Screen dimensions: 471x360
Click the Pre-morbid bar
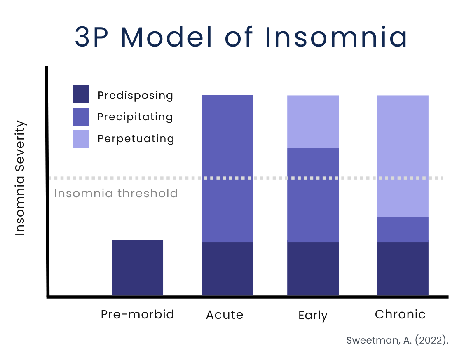tap(137, 268)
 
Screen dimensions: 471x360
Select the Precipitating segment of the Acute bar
tap(227, 169)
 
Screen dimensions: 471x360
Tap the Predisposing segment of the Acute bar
tap(227, 269)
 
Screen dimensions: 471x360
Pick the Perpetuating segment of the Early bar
tap(313, 122)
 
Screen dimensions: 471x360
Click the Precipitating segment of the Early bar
tap(313, 195)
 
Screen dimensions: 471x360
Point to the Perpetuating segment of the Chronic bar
tap(403, 156)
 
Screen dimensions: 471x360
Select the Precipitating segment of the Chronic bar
tap(403, 230)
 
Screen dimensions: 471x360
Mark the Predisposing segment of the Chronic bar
tap(403, 269)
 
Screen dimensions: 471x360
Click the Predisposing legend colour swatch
tap(81, 94)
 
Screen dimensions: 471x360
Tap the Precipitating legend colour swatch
tap(81, 117)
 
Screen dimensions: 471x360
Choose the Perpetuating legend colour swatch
tap(81, 139)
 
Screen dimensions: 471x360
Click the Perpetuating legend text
tap(136, 139)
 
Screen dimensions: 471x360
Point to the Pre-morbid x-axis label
tap(137, 315)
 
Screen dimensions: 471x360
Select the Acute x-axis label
tap(225, 315)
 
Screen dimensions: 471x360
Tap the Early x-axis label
tap(313, 316)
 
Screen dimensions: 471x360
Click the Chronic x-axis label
tap(400, 314)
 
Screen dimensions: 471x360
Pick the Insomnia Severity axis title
tap(20, 178)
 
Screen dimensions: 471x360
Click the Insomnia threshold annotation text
tap(116, 193)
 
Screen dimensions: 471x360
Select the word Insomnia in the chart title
tap(336, 37)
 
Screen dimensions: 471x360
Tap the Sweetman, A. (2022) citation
tap(397, 340)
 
